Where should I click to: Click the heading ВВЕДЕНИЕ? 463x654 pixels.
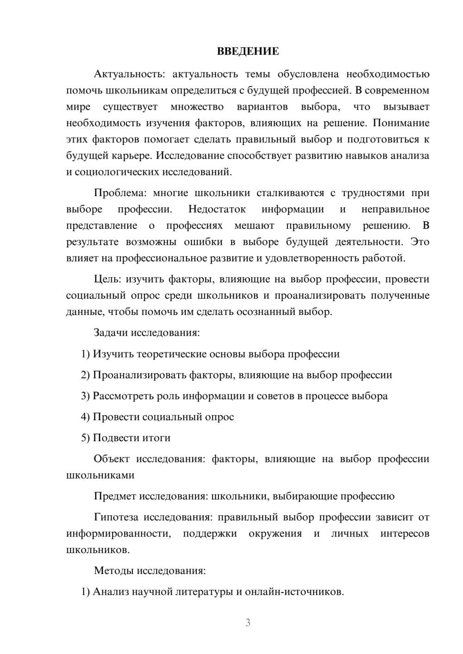click(x=248, y=51)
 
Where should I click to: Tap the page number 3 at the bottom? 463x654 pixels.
click(x=248, y=623)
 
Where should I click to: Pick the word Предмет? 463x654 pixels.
click(x=115, y=496)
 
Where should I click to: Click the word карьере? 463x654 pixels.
click(x=131, y=155)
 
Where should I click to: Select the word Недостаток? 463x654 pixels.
click(x=217, y=209)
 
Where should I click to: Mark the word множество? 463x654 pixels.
click(x=197, y=107)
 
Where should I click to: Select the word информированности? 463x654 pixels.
click(x=119, y=533)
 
